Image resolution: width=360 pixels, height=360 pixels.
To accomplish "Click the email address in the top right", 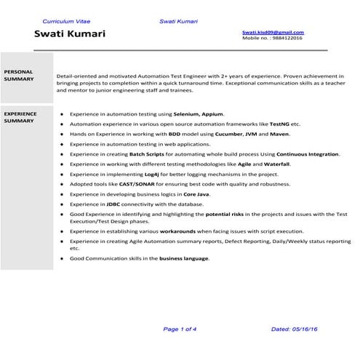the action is (273, 33).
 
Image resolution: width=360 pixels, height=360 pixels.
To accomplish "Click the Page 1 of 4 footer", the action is (180, 329).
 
